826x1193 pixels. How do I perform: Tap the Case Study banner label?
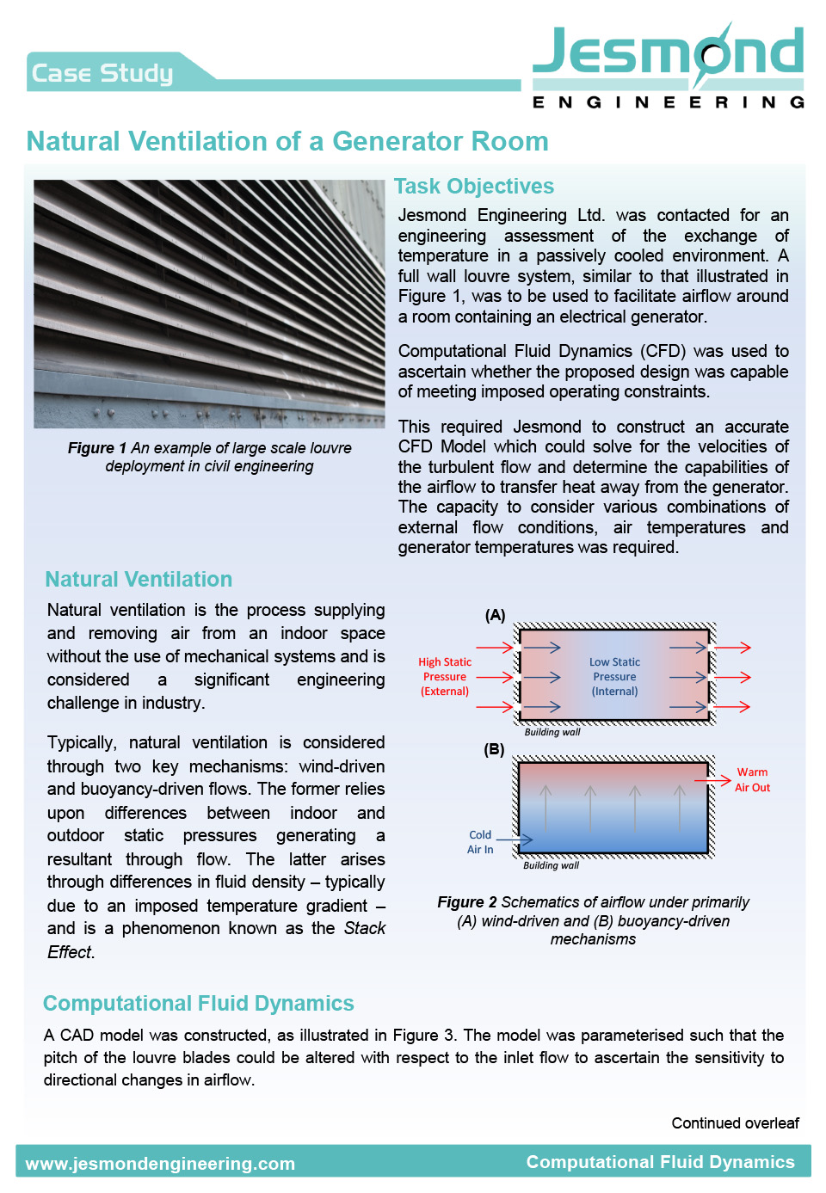point(102,73)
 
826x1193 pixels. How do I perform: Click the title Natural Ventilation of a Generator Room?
point(287,141)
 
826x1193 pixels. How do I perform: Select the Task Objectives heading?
point(474,186)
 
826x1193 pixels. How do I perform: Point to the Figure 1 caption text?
point(209,457)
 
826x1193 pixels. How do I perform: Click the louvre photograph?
point(209,304)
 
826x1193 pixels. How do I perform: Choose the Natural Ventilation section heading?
point(139,579)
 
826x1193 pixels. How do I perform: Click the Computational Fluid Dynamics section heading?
point(199,1003)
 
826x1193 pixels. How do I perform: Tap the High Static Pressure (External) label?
point(445,676)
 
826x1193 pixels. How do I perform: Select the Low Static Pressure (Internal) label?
point(614,676)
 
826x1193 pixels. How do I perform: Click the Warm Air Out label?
point(752,779)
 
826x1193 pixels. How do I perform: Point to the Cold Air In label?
point(480,842)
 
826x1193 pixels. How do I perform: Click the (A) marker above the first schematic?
point(495,615)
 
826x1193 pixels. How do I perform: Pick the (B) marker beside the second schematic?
point(494,749)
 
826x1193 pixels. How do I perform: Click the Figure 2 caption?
point(593,920)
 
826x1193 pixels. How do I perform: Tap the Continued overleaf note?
point(735,1122)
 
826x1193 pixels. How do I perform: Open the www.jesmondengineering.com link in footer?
point(160,1164)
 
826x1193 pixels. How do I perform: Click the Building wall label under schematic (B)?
point(551,865)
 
